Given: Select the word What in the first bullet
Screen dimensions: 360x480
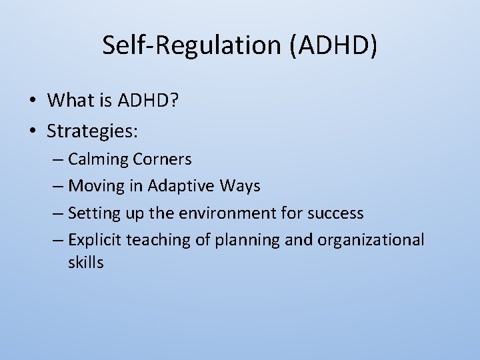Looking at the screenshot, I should point(70,100).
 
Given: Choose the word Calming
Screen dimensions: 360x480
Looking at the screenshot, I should point(98,159).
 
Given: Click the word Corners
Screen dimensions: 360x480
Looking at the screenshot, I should point(162,159).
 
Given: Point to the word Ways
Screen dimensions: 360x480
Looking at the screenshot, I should point(238,186).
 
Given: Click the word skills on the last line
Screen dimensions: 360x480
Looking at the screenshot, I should point(85,263).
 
